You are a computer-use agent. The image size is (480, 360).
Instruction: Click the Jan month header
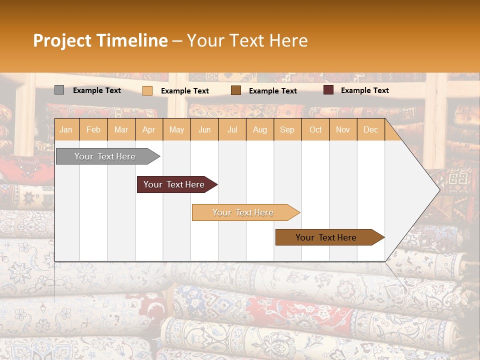[x=66, y=130]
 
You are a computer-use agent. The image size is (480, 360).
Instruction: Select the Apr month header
[x=148, y=130]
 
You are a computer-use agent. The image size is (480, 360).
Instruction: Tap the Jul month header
[x=232, y=130]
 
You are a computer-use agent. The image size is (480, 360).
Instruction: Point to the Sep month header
[x=287, y=130]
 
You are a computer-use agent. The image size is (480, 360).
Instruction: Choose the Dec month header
[x=370, y=130]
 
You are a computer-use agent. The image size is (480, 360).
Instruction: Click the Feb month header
[x=93, y=130]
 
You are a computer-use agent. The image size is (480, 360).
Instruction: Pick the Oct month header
[x=315, y=130]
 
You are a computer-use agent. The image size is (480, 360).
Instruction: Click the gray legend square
[x=59, y=90]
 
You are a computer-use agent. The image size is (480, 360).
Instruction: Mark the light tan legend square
[x=147, y=90]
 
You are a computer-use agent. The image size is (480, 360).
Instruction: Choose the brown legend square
[x=236, y=90]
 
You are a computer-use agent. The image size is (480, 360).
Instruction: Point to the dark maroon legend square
[x=328, y=90]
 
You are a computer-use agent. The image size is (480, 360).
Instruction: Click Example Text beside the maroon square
[x=364, y=90]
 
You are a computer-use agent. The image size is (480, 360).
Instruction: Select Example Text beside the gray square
[x=97, y=90]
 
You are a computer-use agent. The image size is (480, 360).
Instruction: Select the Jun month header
[x=204, y=130]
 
